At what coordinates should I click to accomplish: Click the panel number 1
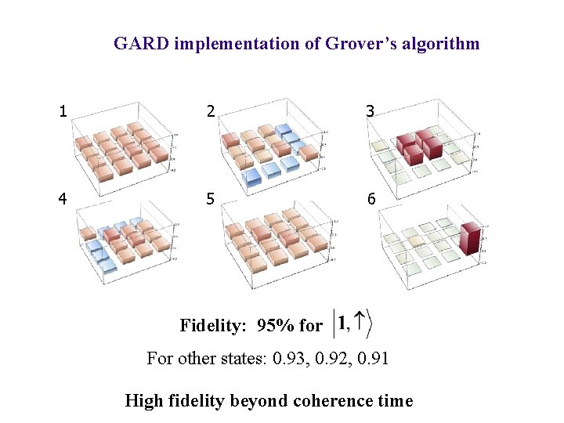click(63, 112)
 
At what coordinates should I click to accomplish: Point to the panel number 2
click(209, 112)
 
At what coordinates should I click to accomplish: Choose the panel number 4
click(63, 199)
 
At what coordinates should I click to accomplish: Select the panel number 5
click(209, 199)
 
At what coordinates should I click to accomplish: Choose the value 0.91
click(374, 359)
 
